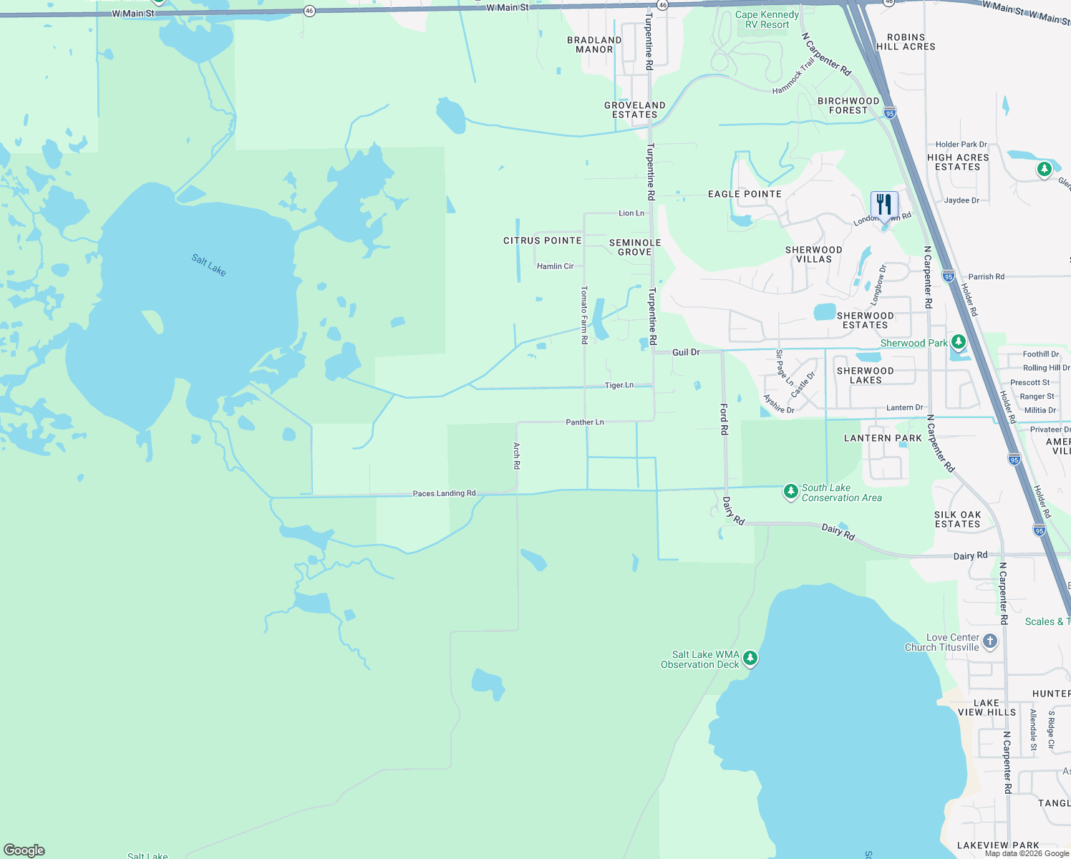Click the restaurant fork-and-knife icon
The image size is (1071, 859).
click(x=884, y=205)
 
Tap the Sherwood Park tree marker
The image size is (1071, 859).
click(x=958, y=342)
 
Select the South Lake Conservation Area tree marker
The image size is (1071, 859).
click(x=791, y=492)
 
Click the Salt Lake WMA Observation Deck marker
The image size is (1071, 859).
click(x=750, y=659)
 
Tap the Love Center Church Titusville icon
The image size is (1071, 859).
click(x=990, y=641)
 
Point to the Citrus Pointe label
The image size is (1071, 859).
click(x=543, y=241)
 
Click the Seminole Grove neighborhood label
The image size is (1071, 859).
click(x=635, y=248)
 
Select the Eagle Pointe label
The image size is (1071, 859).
click(x=745, y=194)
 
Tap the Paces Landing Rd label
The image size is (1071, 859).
click(x=444, y=493)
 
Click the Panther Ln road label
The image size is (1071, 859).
click(x=585, y=422)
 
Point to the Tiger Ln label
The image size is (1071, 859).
click(x=619, y=385)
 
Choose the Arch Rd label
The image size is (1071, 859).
click(x=516, y=455)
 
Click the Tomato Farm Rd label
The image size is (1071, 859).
click(x=584, y=315)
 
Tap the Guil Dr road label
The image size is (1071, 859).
click(x=686, y=352)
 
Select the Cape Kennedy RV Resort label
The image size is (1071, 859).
click(x=767, y=19)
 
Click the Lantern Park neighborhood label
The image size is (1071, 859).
click(x=883, y=438)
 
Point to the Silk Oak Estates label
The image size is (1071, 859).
click(x=957, y=520)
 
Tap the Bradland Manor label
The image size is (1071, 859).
click(x=594, y=45)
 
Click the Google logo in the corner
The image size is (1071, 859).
click(x=24, y=850)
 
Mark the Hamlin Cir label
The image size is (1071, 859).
click(x=556, y=266)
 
